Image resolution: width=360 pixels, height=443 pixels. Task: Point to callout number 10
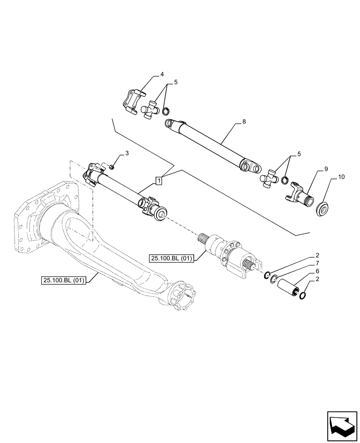(x=341, y=177)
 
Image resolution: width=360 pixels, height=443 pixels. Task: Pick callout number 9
(x=326, y=169)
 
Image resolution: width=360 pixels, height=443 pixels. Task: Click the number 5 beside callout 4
(x=176, y=82)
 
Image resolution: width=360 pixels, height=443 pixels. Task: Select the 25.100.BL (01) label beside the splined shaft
(x=171, y=258)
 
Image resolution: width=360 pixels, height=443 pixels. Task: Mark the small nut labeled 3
(x=113, y=167)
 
